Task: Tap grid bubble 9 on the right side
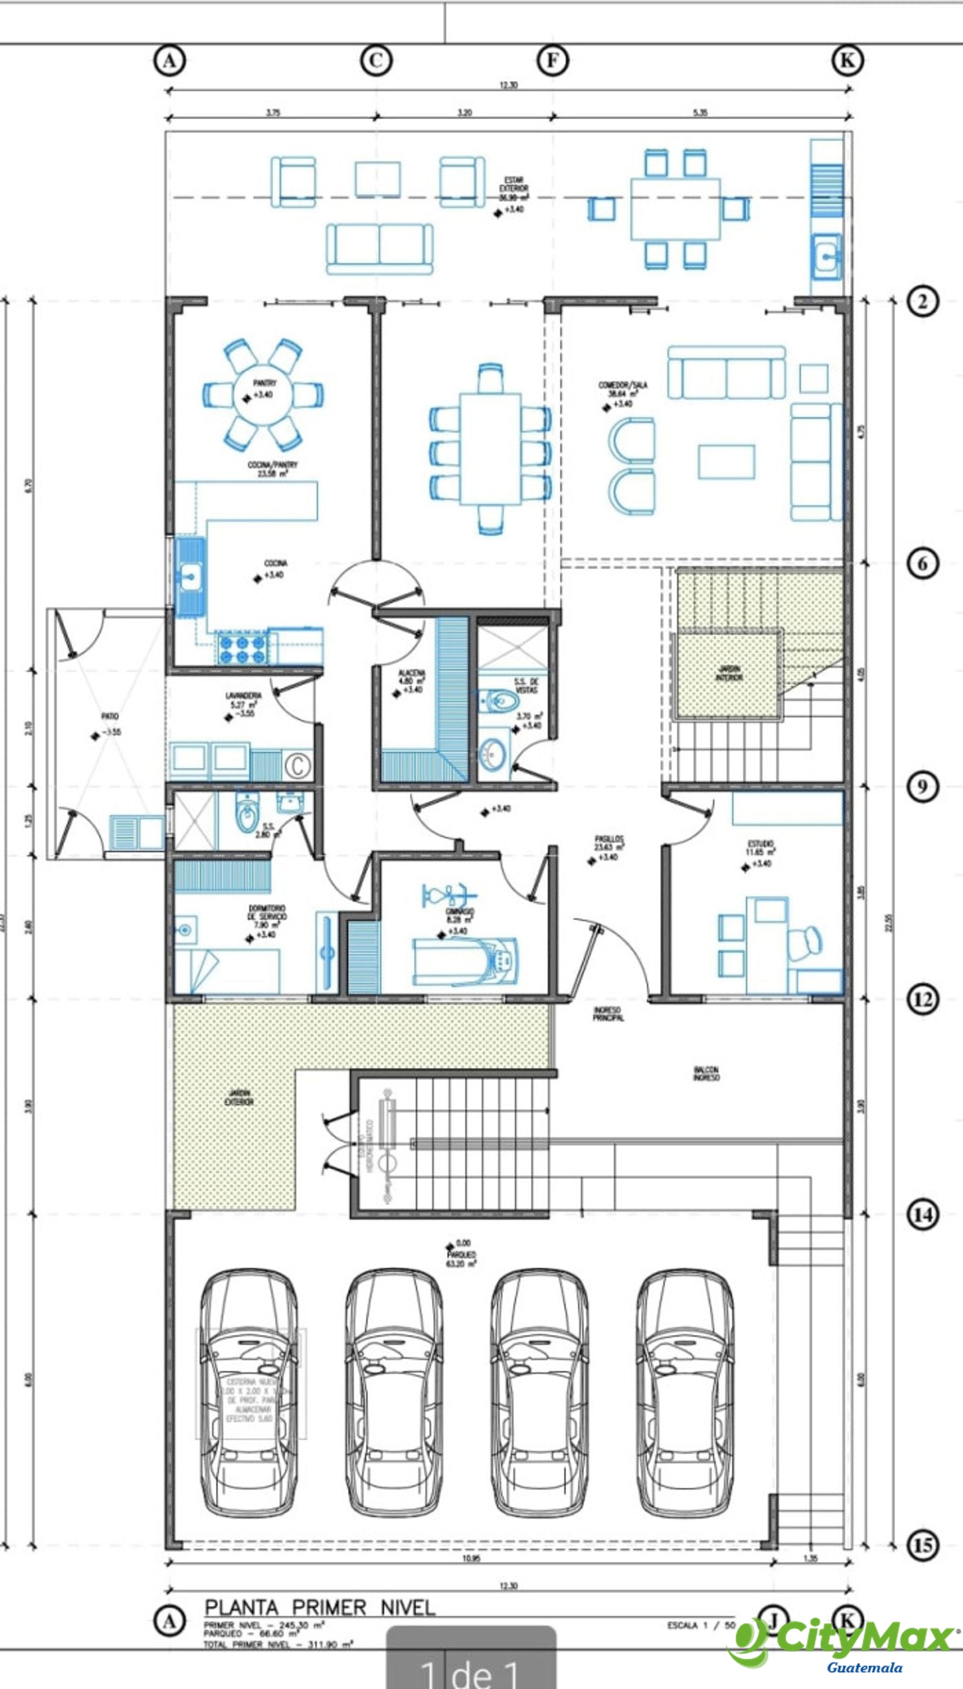coord(922,787)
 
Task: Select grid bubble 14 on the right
coord(922,1215)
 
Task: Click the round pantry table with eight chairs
coord(263,394)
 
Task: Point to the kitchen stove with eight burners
coord(242,649)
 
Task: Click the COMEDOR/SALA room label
coord(622,389)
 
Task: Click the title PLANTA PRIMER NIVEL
coord(320,1607)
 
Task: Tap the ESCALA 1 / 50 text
coord(701,1624)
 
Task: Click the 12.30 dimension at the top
coord(508,85)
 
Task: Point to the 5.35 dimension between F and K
coord(701,113)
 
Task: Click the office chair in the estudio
coord(805,943)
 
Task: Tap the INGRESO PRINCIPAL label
coord(608,1014)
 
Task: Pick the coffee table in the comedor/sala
coord(726,462)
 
